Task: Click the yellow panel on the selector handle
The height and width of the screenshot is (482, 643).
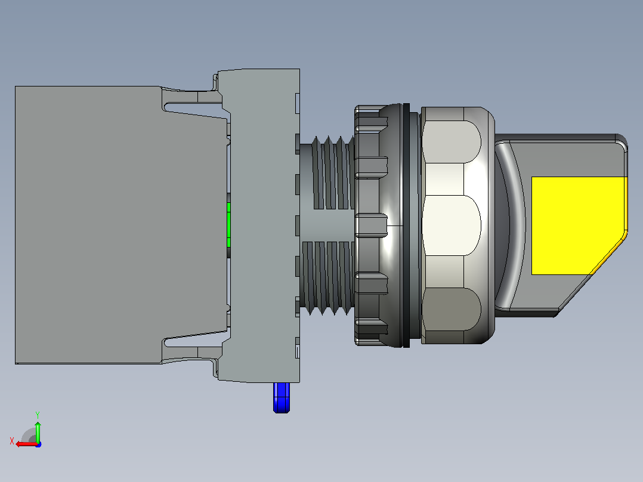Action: (x=578, y=225)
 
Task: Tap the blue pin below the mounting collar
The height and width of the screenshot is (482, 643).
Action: (x=282, y=397)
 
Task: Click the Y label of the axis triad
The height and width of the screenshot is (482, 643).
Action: (x=38, y=415)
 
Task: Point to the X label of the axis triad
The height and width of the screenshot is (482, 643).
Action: (x=12, y=441)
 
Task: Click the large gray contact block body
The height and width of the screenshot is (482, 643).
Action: (x=88, y=225)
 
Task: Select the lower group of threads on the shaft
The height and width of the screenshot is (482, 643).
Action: (x=327, y=278)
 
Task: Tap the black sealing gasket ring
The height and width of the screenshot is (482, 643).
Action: (x=406, y=225)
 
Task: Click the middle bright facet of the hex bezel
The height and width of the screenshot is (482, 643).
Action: (x=451, y=225)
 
